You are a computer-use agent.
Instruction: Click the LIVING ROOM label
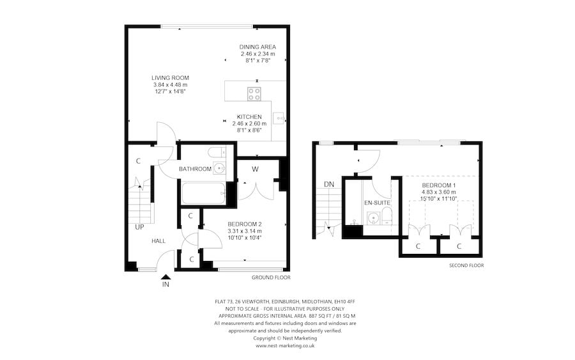pyautogui.click(x=171, y=77)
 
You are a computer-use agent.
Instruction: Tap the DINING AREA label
pyautogui.click(x=257, y=47)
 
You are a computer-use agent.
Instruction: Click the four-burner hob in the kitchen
pyautogui.click(x=254, y=93)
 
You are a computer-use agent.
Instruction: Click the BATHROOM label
pyautogui.click(x=195, y=169)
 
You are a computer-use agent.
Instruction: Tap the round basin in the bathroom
pyautogui.click(x=219, y=169)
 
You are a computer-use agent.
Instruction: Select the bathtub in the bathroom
pyautogui.click(x=203, y=193)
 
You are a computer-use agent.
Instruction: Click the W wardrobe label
pyautogui.click(x=255, y=169)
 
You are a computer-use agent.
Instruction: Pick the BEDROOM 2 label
pyautogui.click(x=245, y=224)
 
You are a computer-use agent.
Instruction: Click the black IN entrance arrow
pyautogui.click(x=166, y=275)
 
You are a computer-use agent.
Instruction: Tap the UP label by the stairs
pyautogui.click(x=139, y=226)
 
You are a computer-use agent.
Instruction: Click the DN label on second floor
pyautogui.click(x=329, y=184)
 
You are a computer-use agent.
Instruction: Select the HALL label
pyautogui.click(x=158, y=241)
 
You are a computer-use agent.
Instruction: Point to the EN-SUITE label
pyautogui.click(x=377, y=203)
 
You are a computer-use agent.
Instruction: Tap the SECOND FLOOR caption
pyautogui.click(x=466, y=265)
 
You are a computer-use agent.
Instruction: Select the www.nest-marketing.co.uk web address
pyautogui.click(x=285, y=345)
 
